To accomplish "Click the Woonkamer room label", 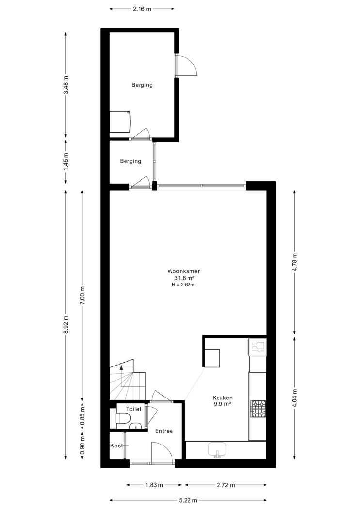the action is click(x=183, y=271).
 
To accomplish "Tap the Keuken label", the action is click(x=222, y=398).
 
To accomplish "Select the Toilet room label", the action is click(x=134, y=409).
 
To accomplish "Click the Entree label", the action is click(x=164, y=431).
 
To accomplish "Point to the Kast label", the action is click(x=116, y=445).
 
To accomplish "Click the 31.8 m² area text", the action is click(x=184, y=278).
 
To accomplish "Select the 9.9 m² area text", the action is click(x=222, y=404).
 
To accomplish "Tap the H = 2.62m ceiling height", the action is click(x=183, y=285).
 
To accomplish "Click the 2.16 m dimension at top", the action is click(x=142, y=9).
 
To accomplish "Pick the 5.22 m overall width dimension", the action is click(x=188, y=500).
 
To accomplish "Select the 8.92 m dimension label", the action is click(x=66, y=324).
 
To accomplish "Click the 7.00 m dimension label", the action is click(x=82, y=295).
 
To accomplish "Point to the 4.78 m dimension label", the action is click(x=295, y=262).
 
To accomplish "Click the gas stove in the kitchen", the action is click(x=258, y=409).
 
